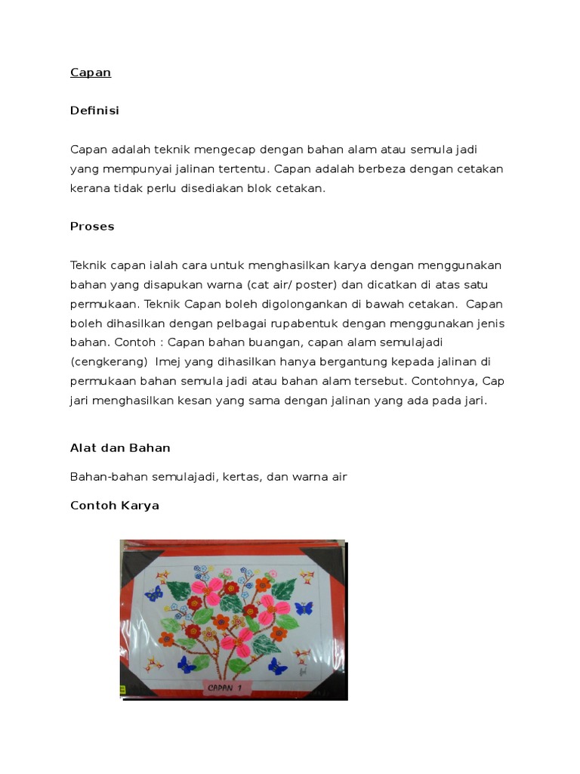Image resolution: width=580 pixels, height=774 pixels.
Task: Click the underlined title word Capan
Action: (91, 73)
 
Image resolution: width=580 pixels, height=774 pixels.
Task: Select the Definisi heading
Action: (94, 110)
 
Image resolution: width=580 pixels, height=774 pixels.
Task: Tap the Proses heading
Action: (92, 226)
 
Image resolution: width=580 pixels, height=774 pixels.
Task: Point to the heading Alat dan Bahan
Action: (120, 447)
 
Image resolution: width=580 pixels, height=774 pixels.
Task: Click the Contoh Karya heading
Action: (115, 505)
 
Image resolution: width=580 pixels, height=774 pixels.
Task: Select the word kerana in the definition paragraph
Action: (89, 188)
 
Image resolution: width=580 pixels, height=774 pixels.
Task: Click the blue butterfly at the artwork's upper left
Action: (154, 593)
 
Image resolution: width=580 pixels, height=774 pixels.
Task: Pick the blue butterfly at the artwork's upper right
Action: (304, 607)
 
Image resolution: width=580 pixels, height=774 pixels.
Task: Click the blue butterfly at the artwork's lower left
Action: (185, 664)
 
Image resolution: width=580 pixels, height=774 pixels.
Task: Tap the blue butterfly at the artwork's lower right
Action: (277, 667)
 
